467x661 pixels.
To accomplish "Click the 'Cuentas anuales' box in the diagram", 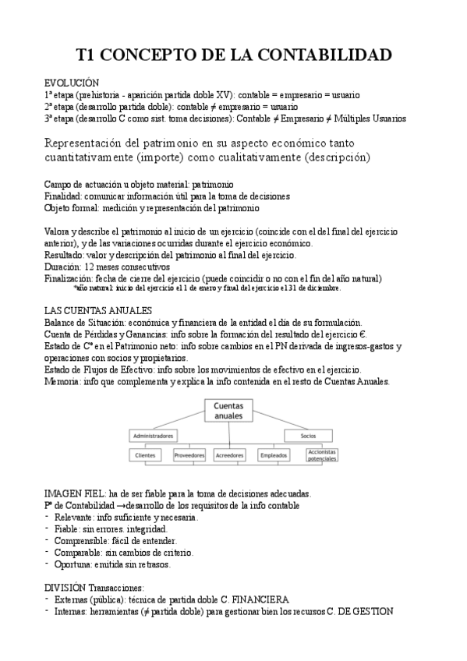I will [x=232, y=410].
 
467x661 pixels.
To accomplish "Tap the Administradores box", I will [x=153, y=435].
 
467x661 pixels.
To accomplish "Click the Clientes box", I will [x=146, y=454].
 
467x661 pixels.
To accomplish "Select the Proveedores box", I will [x=189, y=454].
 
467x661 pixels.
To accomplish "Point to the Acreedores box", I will [x=232, y=454].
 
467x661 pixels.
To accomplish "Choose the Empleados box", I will [x=274, y=454].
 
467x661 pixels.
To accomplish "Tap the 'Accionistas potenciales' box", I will [x=322, y=454].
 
